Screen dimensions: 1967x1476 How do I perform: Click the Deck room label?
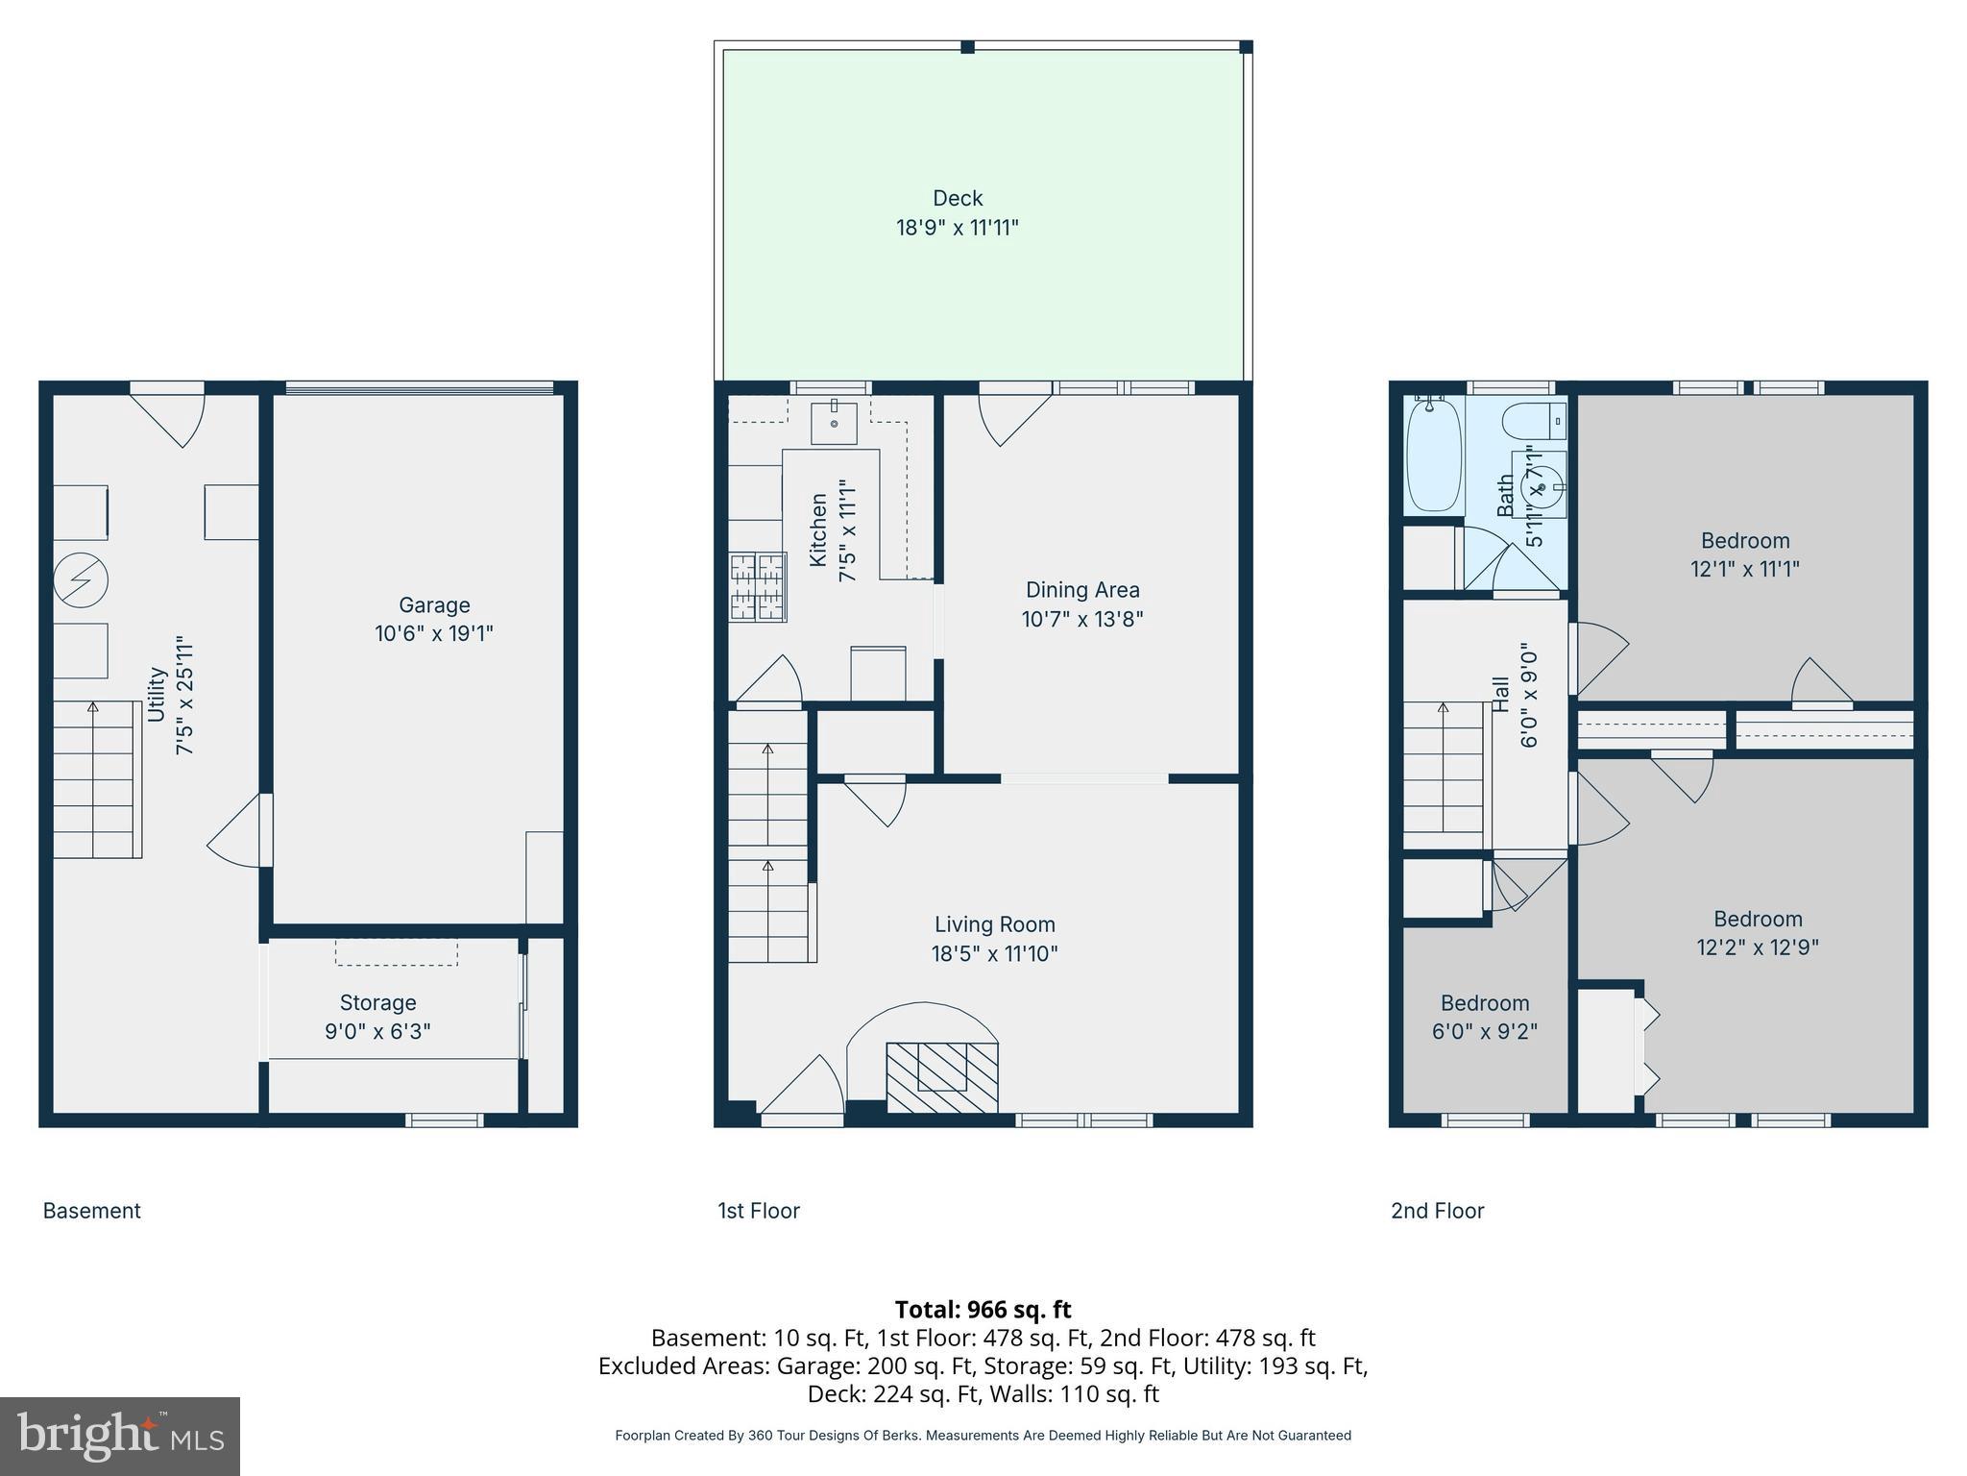(x=958, y=198)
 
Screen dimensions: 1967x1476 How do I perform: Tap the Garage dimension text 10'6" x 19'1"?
(x=434, y=634)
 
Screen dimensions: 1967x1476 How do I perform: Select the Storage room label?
(x=377, y=1002)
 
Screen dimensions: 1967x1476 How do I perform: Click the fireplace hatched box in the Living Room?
(x=941, y=1077)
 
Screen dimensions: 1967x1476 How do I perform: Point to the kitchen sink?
(x=834, y=423)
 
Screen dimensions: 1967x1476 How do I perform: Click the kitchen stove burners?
(x=758, y=586)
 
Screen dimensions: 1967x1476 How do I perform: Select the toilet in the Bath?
(x=1534, y=421)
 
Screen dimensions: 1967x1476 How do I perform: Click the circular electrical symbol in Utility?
(x=80, y=580)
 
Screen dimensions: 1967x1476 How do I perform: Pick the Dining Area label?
(x=1082, y=590)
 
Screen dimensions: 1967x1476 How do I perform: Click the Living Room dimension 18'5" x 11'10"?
(x=994, y=954)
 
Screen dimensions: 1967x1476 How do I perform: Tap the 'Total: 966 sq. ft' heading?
(x=983, y=1310)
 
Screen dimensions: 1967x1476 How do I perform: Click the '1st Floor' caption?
(x=759, y=1211)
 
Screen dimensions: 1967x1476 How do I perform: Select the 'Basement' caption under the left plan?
(x=92, y=1211)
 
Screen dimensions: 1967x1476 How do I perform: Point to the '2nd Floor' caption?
(x=1438, y=1211)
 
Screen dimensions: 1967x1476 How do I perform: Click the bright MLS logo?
(x=120, y=1436)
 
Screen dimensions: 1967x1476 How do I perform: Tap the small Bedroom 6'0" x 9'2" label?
(x=1485, y=1018)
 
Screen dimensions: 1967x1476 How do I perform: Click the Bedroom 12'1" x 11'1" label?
(x=1745, y=554)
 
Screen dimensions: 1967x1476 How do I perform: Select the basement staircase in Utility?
(x=97, y=779)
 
